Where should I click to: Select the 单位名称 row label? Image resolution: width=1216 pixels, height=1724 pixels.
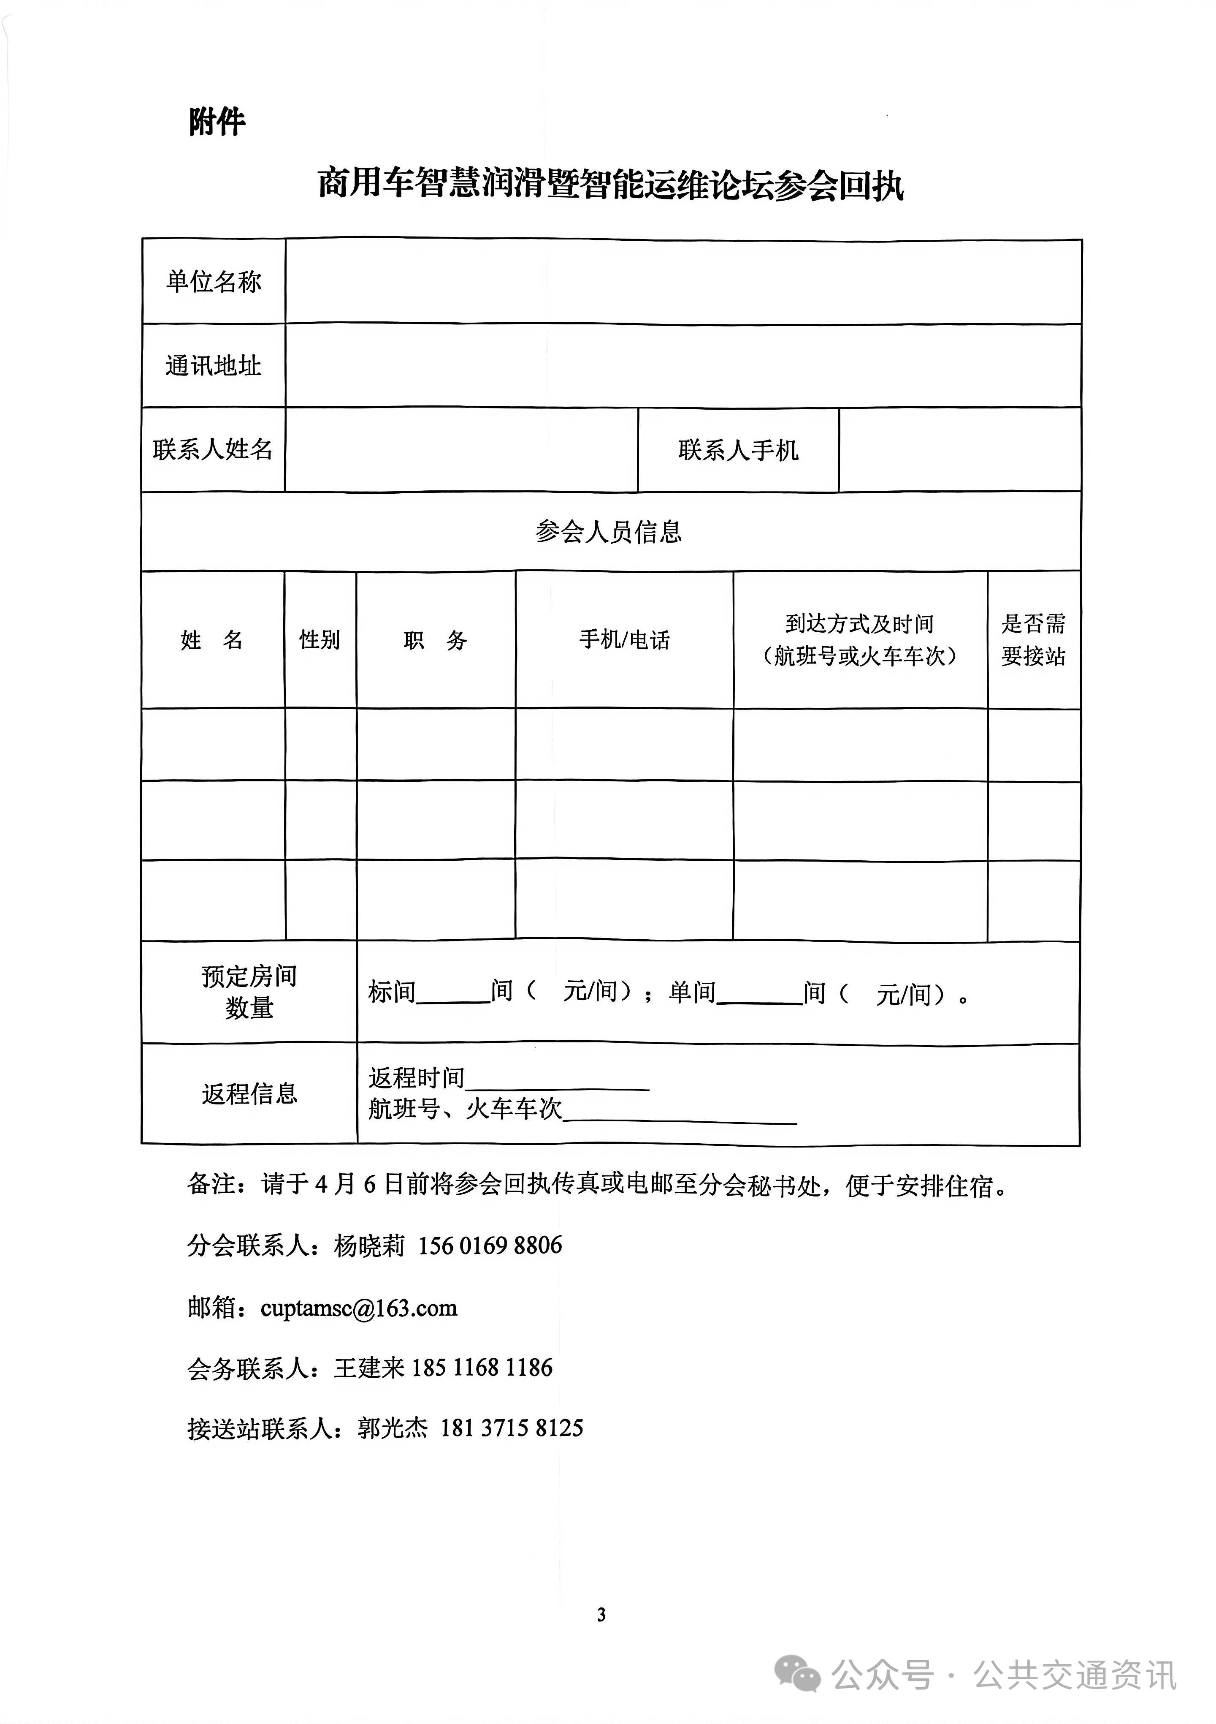pyautogui.click(x=214, y=282)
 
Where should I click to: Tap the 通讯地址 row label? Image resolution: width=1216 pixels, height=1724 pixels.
pyautogui.click(x=214, y=366)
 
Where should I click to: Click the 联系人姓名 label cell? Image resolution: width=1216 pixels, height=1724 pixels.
pyautogui.click(x=213, y=450)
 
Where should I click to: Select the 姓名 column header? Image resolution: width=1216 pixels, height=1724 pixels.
pyautogui.click(x=212, y=640)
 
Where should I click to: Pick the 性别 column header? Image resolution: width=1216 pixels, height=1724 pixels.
pyautogui.click(x=320, y=640)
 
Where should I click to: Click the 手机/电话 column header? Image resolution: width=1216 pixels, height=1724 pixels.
pyautogui.click(x=625, y=640)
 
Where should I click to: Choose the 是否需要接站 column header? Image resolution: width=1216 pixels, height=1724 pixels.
pyautogui.click(x=1034, y=640)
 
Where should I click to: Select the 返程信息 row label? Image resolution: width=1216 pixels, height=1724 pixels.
pyautogui.click(x=249, y=1093)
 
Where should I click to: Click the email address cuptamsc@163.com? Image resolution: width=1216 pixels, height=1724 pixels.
pyautogui.click(x=359, y=1308)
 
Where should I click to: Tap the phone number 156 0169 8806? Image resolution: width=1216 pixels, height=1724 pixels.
pyautogui.click(x=490, y=1245)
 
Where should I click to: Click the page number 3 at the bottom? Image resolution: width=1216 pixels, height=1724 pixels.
pyautogui.click(x=601, y=1614)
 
